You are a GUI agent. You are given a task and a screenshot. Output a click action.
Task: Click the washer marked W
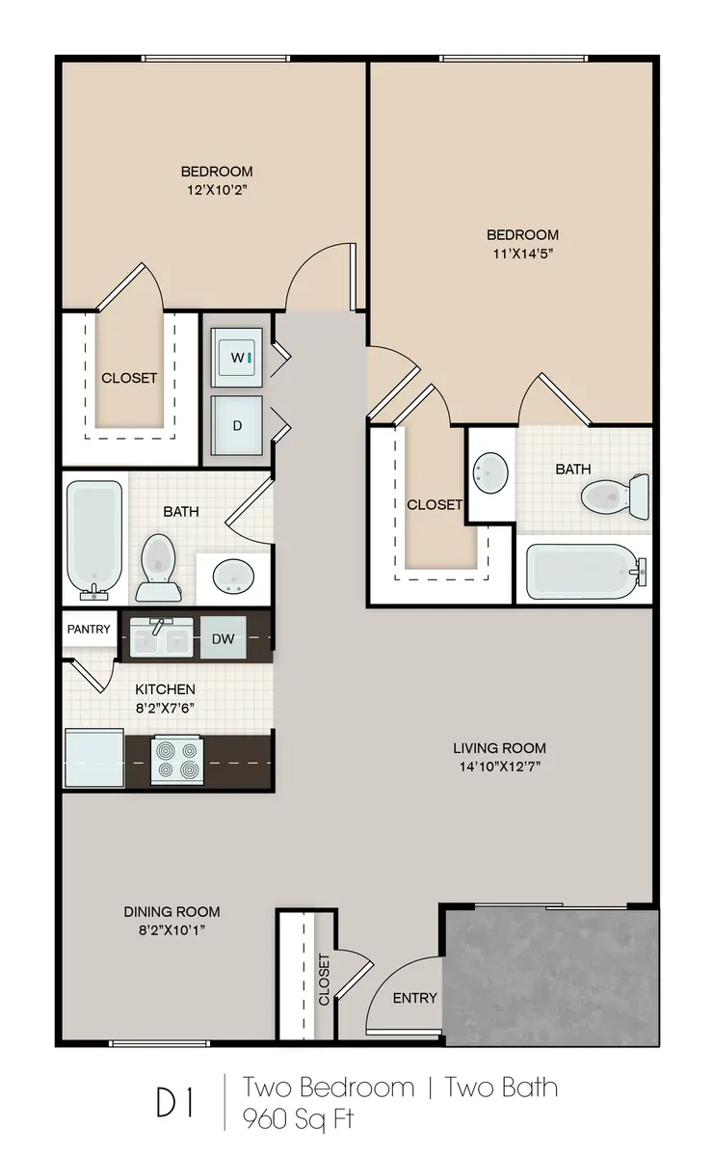click(237, 358)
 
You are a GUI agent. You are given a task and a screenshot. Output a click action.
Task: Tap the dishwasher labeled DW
click(224, 638)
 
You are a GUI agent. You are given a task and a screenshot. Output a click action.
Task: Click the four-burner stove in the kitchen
click(177, 760)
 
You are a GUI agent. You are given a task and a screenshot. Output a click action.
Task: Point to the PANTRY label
click(89, 630)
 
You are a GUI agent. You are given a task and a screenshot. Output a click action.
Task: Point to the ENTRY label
click(414, 998)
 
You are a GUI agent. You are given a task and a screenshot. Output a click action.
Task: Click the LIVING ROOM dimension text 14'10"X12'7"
click(499, 767)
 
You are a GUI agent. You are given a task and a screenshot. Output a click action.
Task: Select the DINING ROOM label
click(172, 911)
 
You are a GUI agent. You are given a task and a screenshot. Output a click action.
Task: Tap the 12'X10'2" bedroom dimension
click(217, 190)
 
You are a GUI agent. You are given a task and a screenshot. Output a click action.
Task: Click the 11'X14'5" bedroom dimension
click(522, 254)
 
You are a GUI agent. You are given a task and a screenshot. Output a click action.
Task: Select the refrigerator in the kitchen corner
click(93, 759)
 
